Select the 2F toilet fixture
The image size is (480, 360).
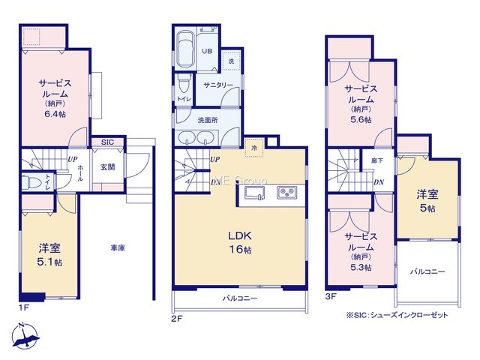tap(184, 83)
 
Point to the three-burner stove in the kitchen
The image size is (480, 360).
tap(287, 193)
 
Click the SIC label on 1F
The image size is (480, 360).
tap(107, 142)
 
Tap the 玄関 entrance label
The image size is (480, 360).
tap(108, 166)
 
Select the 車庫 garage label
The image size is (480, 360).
tap(118, 247)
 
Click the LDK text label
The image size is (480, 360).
tap(240, 235)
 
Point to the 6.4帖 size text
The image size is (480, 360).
tap(55, 114)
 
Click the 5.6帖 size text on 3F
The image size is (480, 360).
tap(361, 120)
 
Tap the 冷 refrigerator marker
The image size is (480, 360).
tap(254, 148)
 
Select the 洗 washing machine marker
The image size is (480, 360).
tap(232, 61)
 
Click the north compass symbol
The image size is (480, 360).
tap(25, 336)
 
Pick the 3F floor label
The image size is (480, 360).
tap(330, 296)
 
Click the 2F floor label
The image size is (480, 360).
tap(177, 319)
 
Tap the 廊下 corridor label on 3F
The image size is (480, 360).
tap(377, 160)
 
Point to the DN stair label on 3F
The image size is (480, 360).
tap(379, 182)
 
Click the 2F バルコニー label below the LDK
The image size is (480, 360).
tap(240, 298)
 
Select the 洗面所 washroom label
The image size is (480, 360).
tap(208, 120)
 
